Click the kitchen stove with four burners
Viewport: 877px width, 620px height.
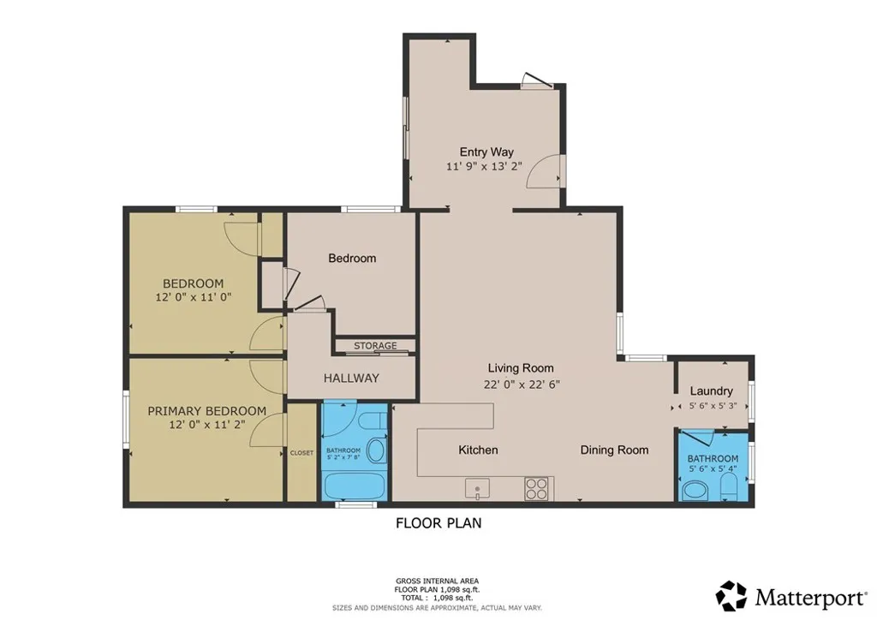pos(536,488)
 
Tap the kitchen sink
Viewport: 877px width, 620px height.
pos(476,489)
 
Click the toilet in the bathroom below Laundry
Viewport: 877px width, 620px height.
pos(729,489)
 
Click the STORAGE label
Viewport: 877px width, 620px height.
pos(375,346)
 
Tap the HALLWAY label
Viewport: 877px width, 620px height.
pos(351,378)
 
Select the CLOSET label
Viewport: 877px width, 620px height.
pos(301,452)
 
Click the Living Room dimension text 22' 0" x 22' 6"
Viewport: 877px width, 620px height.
pos(521,385)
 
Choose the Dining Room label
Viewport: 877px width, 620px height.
pos(614,450)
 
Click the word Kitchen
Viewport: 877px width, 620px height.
pos(478,450)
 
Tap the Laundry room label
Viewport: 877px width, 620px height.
pos(711,391)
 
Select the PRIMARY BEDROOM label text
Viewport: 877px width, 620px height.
pos(206,411)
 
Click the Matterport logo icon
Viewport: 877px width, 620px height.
pos(731,595)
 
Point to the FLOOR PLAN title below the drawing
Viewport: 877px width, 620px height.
pos(438,522)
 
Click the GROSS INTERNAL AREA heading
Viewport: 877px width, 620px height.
pos(438,580)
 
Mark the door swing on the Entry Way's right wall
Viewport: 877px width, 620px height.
pos(545,171)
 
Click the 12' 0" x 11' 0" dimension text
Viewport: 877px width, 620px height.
pos(194,297)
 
